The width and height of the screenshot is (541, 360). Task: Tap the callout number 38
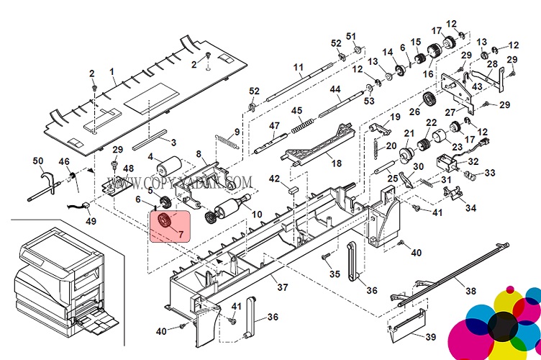click(x=470, y=292)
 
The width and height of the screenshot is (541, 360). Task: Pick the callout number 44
click(x=335, y=89)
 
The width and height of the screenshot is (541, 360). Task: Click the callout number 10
click(x=257, y=215)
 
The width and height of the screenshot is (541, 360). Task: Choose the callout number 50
click(x=38, y=160)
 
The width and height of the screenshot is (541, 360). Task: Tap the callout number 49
click(x=91, y=221)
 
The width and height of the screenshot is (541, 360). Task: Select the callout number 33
click(x=489, y=173)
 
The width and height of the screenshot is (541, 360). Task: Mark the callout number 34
click(x=470, y=208)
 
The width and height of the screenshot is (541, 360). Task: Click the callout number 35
click(x=335, y=274)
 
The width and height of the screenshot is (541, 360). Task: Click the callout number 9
click(x=237, y=131)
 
